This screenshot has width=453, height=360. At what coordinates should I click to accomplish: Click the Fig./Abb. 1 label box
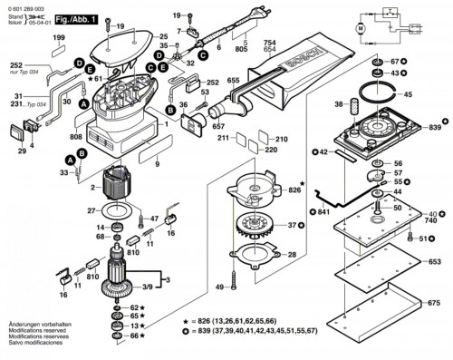(x=76, y=18)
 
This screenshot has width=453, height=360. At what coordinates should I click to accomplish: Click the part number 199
(x=59, y=37)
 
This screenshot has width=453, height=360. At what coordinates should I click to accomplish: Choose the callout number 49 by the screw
(x=219, y=287)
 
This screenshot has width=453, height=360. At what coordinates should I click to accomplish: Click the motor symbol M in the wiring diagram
(x=360, y=30)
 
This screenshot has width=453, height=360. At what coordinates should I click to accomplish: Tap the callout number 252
(x=17, y=65)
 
